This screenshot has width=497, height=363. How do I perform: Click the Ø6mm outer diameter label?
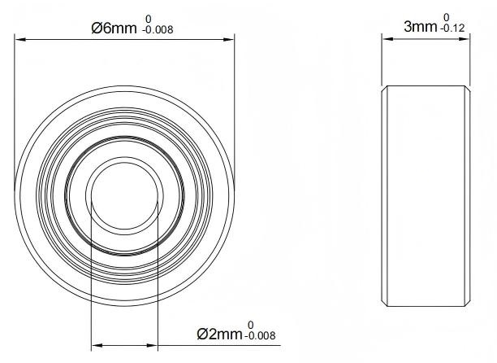coord(114,28)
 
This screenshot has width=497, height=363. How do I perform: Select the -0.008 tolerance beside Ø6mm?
coord(158,30)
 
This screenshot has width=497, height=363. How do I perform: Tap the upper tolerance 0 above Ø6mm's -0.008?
coord(149,20)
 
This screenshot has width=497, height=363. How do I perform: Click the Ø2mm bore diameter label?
coord(219,334)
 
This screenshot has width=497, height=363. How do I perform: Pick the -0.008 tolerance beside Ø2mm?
coord(260,335)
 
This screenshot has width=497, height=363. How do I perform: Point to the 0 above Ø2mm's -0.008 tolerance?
coord(251,325)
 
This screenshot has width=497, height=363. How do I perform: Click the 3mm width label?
coord(420,27)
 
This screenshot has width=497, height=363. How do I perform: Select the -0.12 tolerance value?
coord(452,28)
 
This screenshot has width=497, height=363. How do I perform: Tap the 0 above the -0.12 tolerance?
coord(447,17)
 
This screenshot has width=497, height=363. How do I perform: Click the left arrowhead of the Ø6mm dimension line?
coord(19,39)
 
